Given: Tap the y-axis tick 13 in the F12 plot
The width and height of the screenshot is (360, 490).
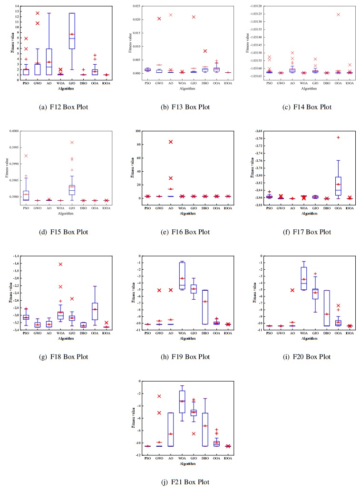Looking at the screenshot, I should click(17, 11).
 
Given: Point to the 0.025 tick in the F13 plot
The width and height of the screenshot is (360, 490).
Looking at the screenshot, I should click(136, 6).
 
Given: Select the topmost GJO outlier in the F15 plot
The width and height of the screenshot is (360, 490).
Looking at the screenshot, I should click(72, 142).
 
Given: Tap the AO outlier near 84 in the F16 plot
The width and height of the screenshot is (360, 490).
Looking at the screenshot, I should click(170, 142).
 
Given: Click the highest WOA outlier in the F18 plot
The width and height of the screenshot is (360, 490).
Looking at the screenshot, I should click(60, 264).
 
